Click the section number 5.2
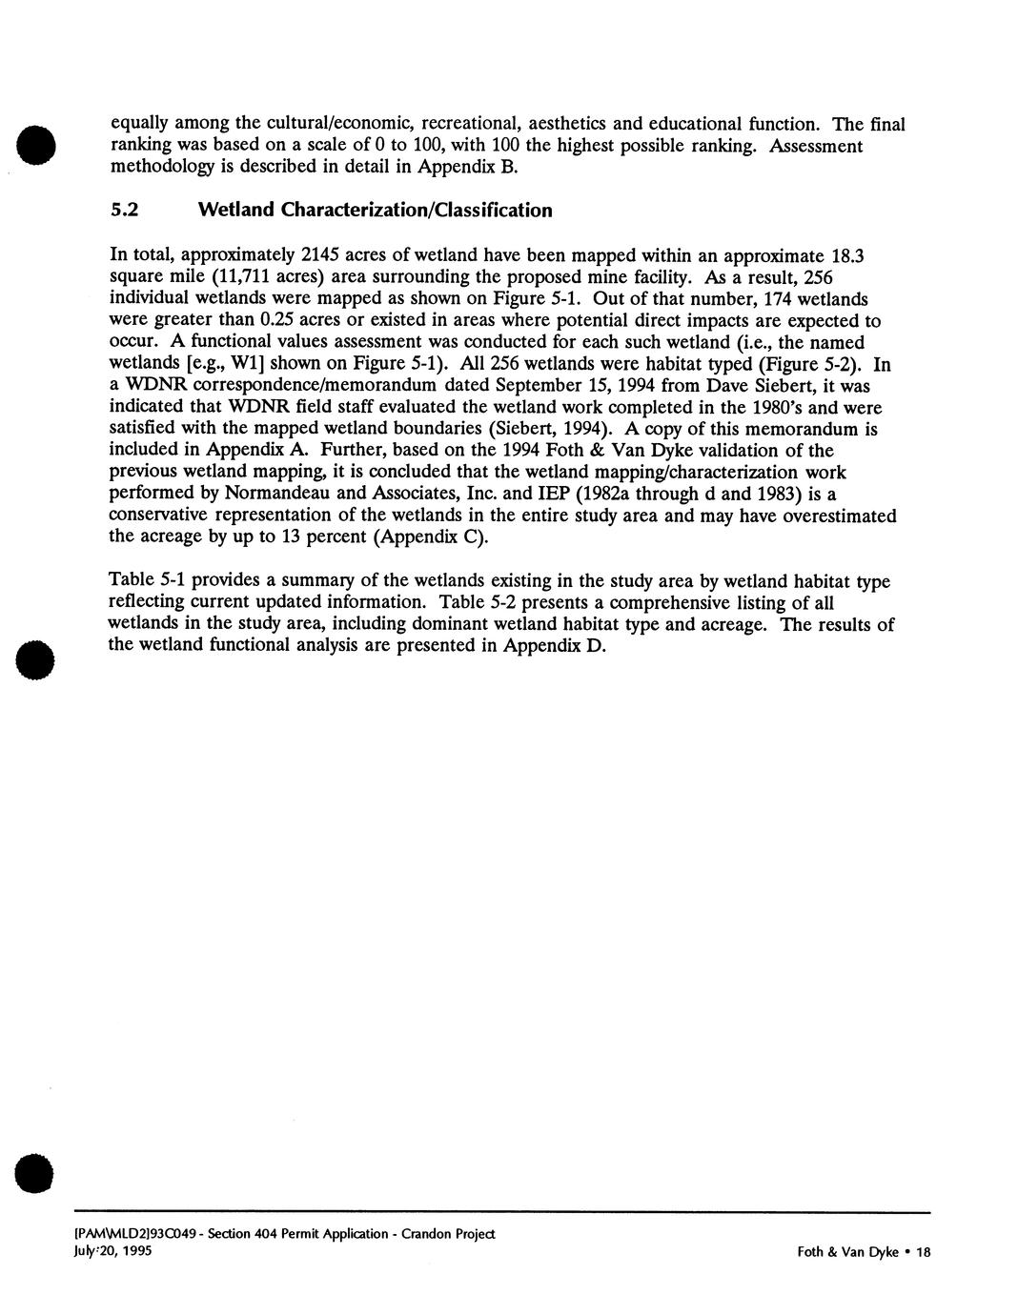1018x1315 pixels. point(124,211)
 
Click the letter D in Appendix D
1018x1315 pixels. point(598,646)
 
